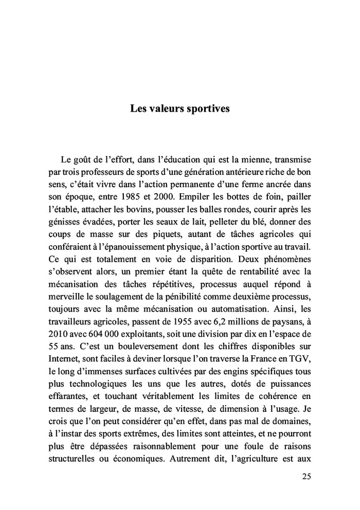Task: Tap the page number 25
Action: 306,476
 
